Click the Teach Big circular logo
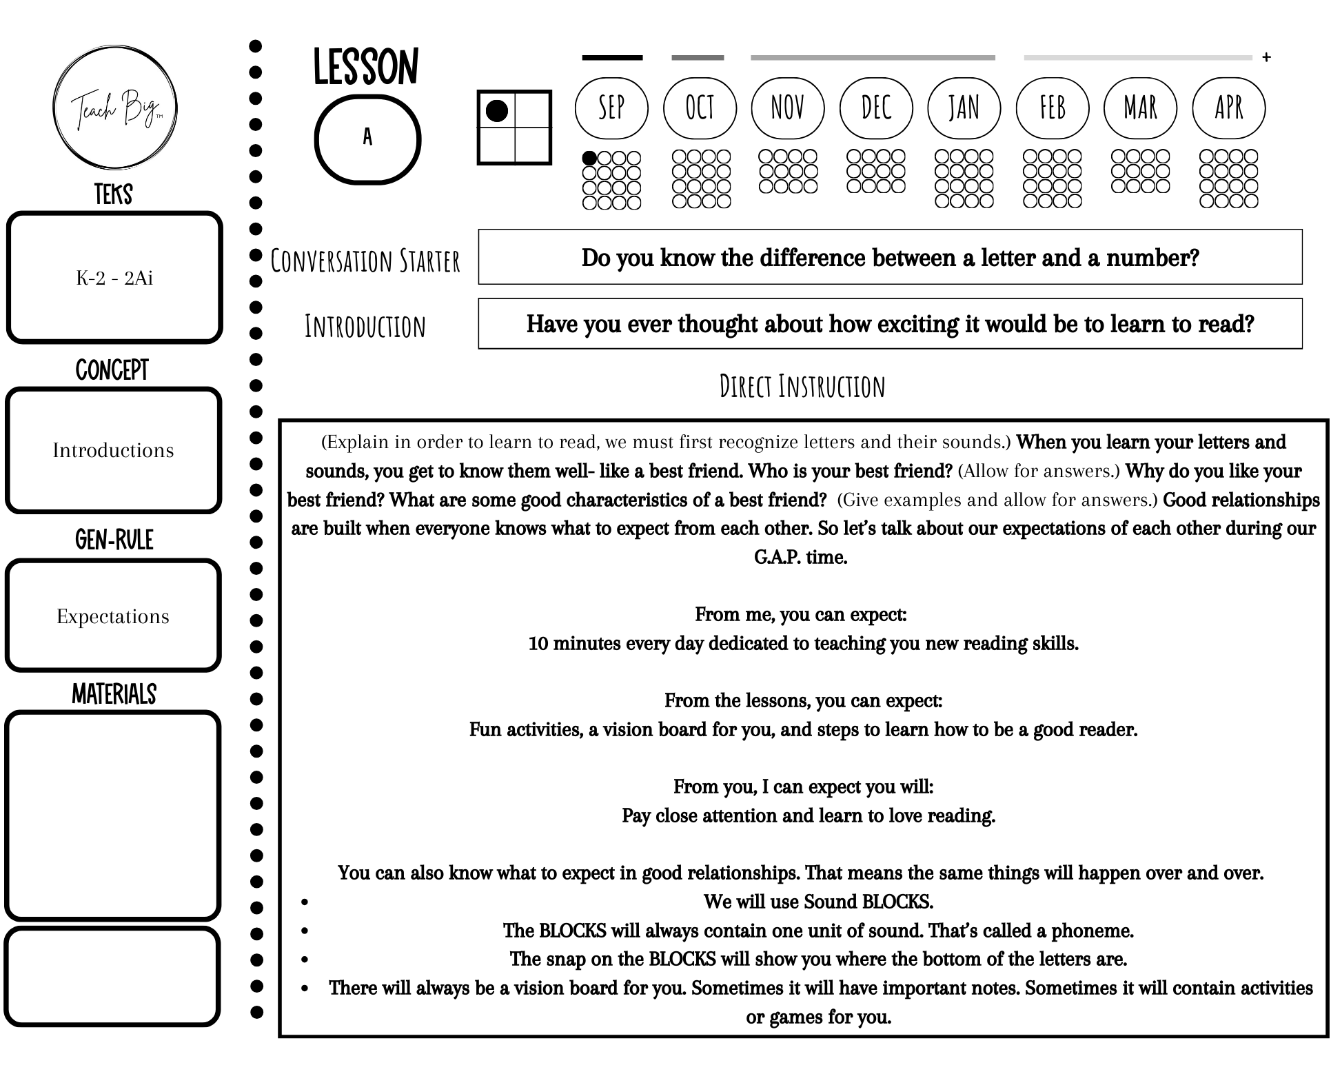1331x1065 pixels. [115, 108]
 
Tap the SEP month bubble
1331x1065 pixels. [611, 108]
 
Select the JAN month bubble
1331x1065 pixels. [964, 108]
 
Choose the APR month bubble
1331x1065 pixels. [1228, 108]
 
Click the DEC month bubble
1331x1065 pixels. [876, 108]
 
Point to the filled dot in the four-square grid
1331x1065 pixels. [497, 111]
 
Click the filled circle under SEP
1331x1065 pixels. [589, 159]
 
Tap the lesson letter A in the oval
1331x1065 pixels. [367, 138]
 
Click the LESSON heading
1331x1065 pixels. [366, 68]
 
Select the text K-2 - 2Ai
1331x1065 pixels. [114, 278]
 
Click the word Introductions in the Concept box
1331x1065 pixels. [114, 450]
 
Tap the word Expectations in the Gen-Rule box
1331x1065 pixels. [113, 616]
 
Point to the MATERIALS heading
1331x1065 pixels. [114, 694]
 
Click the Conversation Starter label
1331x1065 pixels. [365, 261]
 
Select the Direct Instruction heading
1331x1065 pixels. [802, 387]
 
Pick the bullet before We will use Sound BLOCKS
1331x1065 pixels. [304, 902]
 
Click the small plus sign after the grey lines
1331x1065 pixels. [1266, 57]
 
